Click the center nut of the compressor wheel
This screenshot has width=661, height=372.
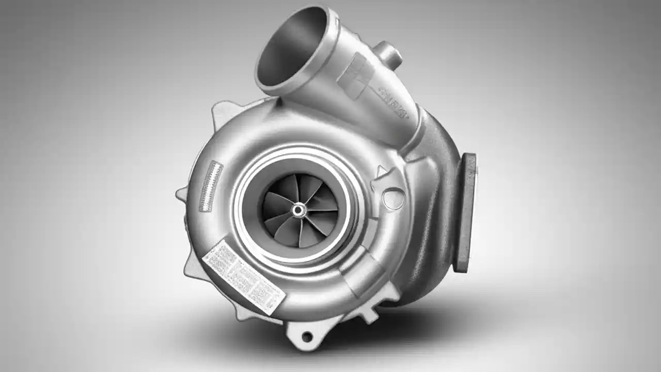[x=298, y=210]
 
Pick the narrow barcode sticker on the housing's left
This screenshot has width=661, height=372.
[x=210, y=186]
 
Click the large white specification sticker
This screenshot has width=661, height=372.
[x=243, y=276]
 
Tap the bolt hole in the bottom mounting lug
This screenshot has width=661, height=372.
[x=307, y=337]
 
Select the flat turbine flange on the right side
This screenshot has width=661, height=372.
[x=466, y=212]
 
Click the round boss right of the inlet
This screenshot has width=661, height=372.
[x=394, y=199]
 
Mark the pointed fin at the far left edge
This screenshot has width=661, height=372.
[x=182, y=194]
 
